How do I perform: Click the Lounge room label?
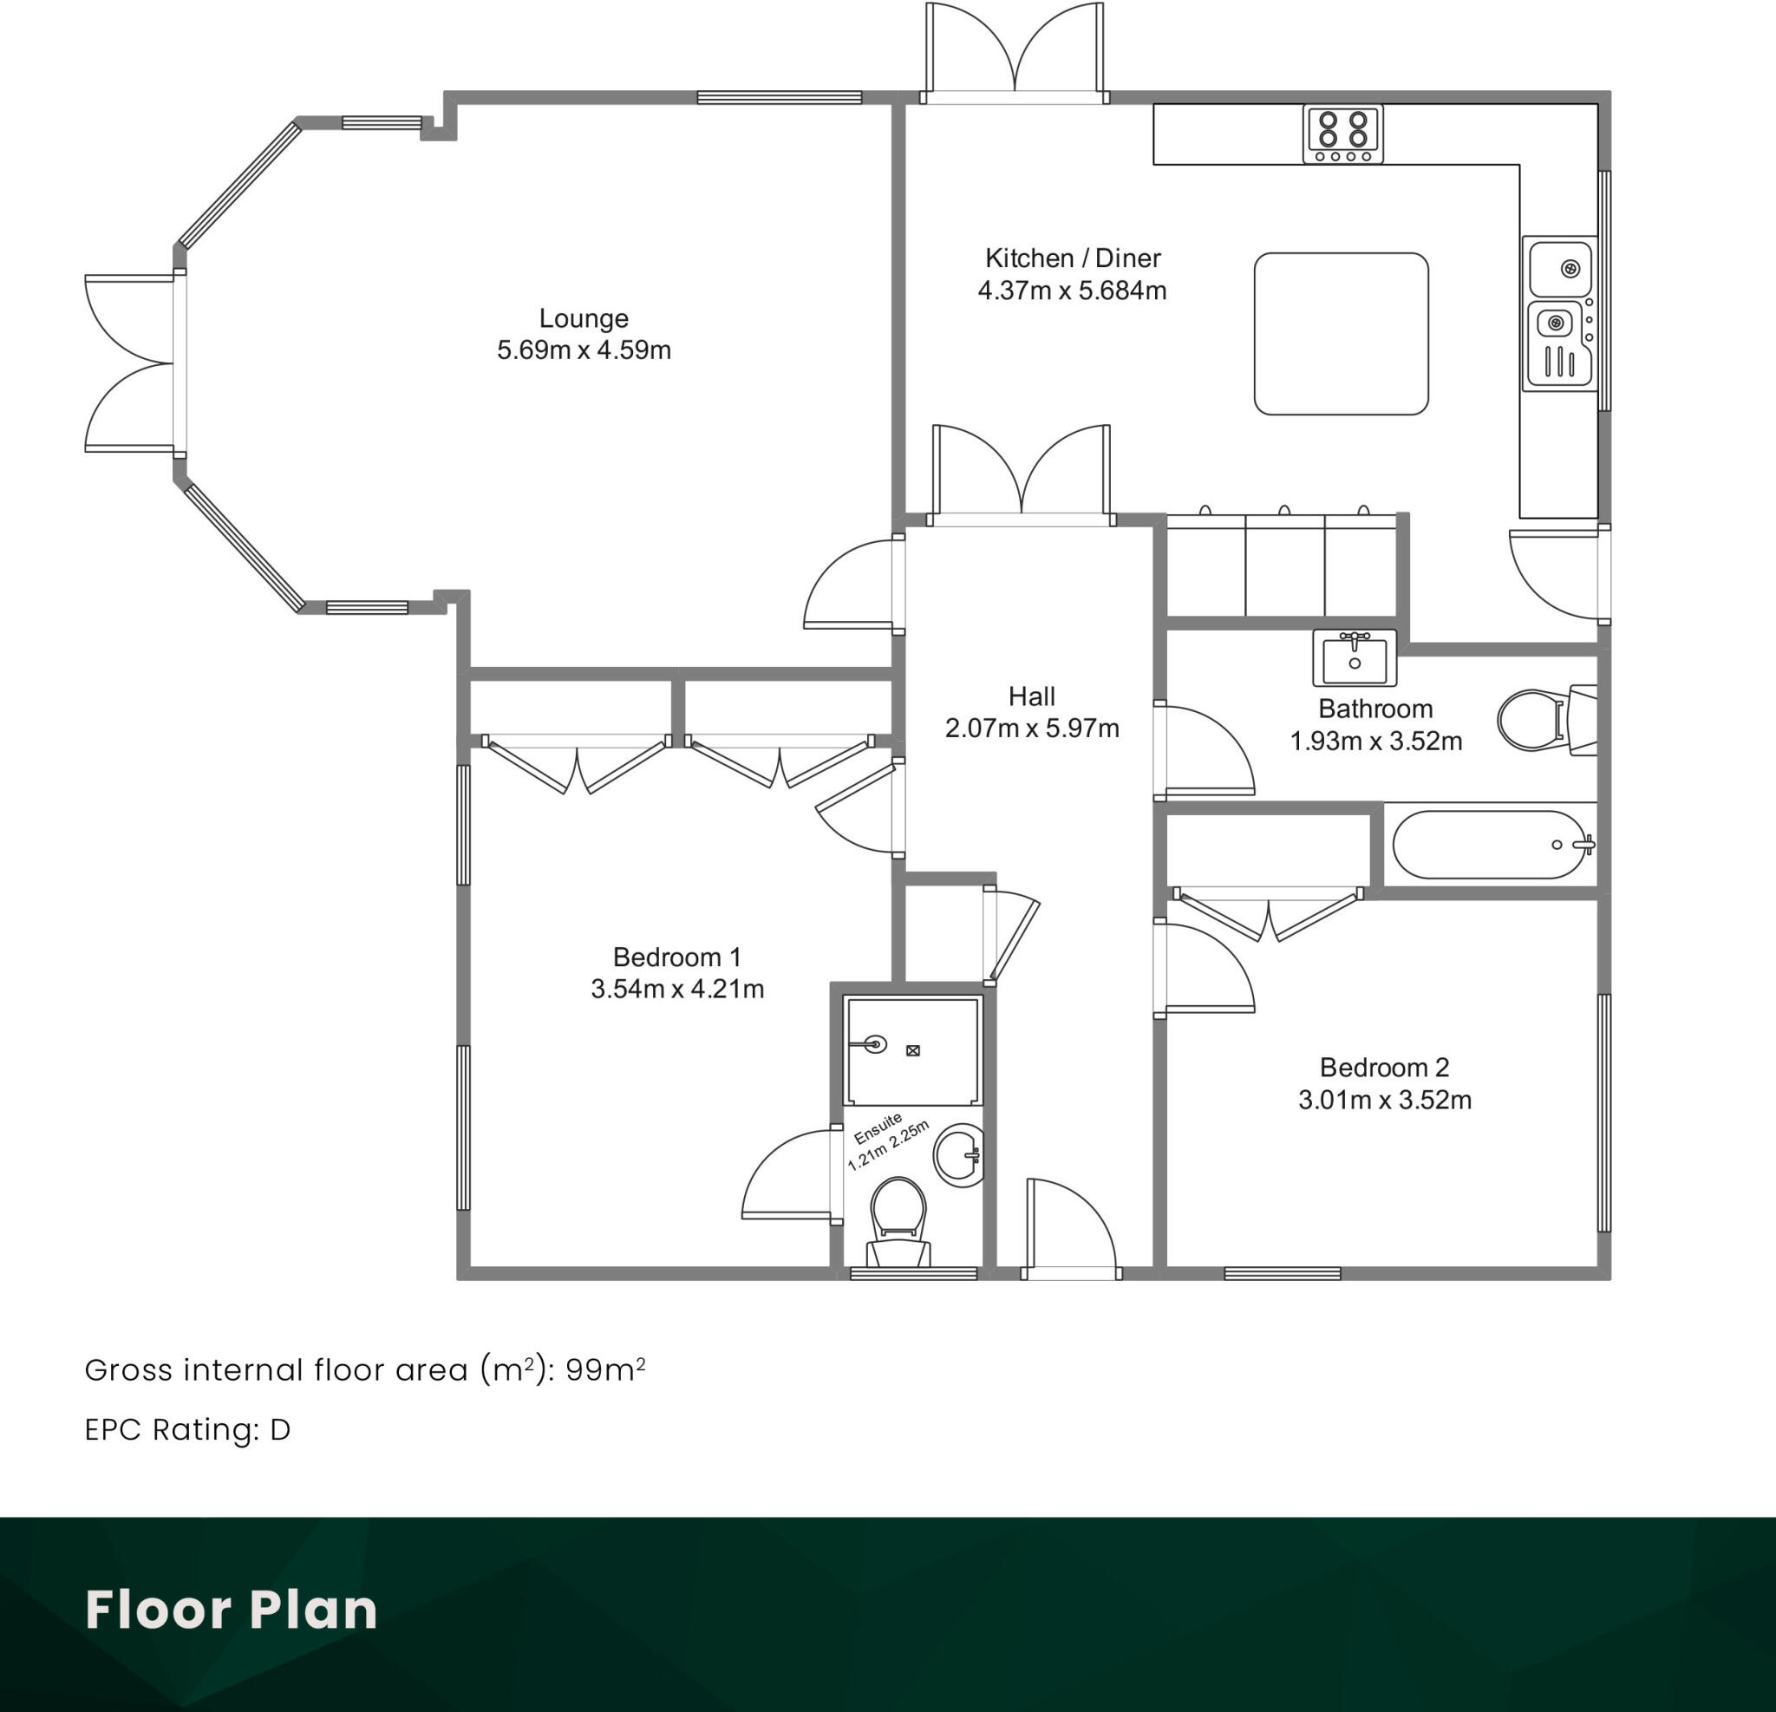pyautogui.click(x=584, y=318)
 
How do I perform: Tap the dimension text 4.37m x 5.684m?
pyautogui.click(x=1072, y=291)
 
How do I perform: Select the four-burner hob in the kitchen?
pyautogui.click(x=1343, y=134)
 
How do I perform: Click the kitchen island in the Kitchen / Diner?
pyautogui.click(x=1341, y=334)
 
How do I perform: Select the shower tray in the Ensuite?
pyautogui.click(x=911, y=1050)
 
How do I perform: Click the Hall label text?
pyautogui.click(x=1031, y=696)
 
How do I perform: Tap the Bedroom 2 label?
pyautogui.click(x=1384, y=1067)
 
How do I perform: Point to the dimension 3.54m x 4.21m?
pyautogui.click(x=677, y=989)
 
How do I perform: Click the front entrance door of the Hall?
pyautogui.click(x=1071, y=1227)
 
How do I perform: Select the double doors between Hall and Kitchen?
pyautogui.click(x=1022, y=476)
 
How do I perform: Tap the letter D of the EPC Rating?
pyautogui.click(x=280, y=1429)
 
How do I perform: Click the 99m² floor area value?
pyautogui.click(x=604, y=1369)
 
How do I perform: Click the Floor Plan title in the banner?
pyautogui.click(x=231, y=1610)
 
